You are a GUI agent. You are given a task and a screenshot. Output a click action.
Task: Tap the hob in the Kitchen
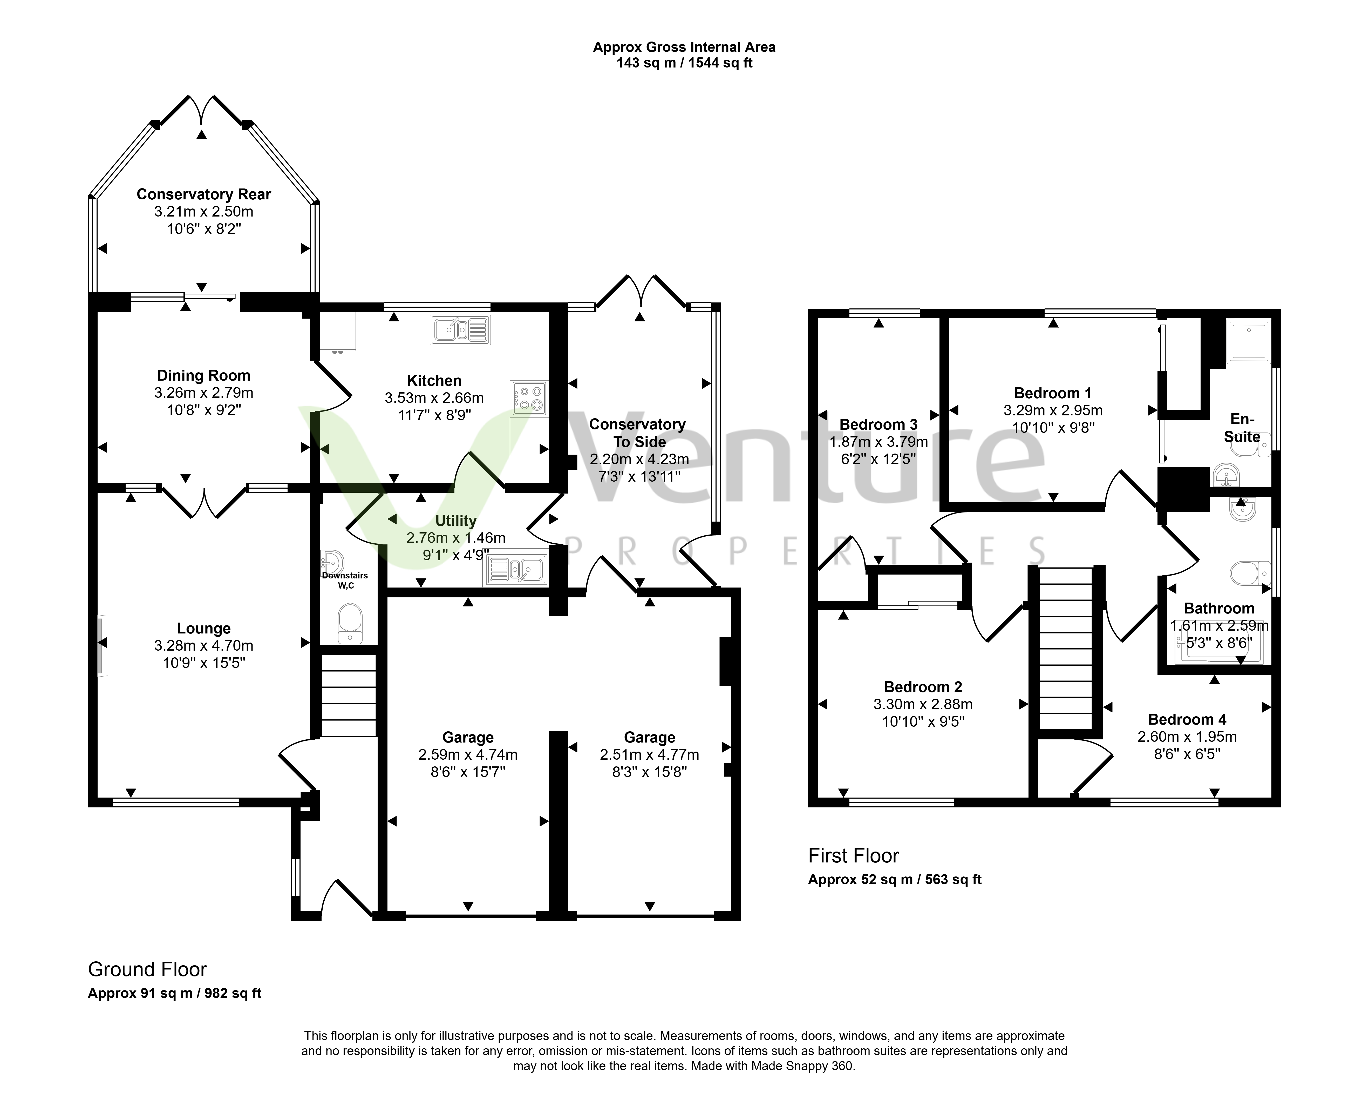pyautogui.click(x=530, y=398)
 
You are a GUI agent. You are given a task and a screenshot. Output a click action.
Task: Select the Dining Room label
pyautogui.click(x=204, y=375)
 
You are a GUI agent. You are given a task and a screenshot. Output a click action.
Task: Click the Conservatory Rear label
pyautogui.click(x=204, y=194)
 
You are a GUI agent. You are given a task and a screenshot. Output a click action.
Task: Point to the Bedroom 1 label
pyautogui.click(x=1053, y=393)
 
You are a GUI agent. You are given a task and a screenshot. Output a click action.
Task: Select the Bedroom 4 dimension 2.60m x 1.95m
pyautogui.click(x=1187, y=737)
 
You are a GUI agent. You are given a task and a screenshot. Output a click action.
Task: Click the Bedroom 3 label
pyautogui.click(x=878, y=424)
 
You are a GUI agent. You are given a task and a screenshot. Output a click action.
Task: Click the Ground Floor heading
pyautogui.click(x=147, y=969)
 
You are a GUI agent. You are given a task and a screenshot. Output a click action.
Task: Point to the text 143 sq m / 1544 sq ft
pyautogui.click(x=685, y=63)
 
